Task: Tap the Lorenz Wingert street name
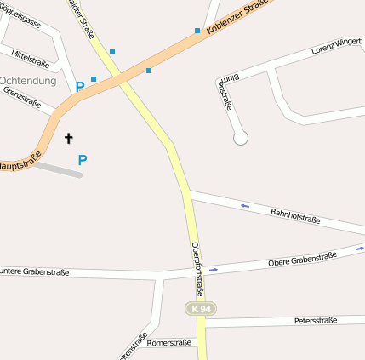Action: pos(337,45)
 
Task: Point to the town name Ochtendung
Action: pos(27,81)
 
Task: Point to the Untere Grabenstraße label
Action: pos(34,272)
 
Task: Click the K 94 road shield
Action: pos(202,308)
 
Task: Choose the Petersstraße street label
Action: pos(316,321)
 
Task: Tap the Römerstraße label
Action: pos(167,344)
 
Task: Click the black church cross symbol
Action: pos(69,137)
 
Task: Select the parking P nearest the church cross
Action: pos(83,159)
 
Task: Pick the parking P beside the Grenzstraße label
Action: pos(80,86)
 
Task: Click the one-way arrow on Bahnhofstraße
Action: pos(245,205)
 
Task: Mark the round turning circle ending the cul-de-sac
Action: pos(240,137)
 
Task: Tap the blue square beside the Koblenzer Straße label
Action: pos(197,31)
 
